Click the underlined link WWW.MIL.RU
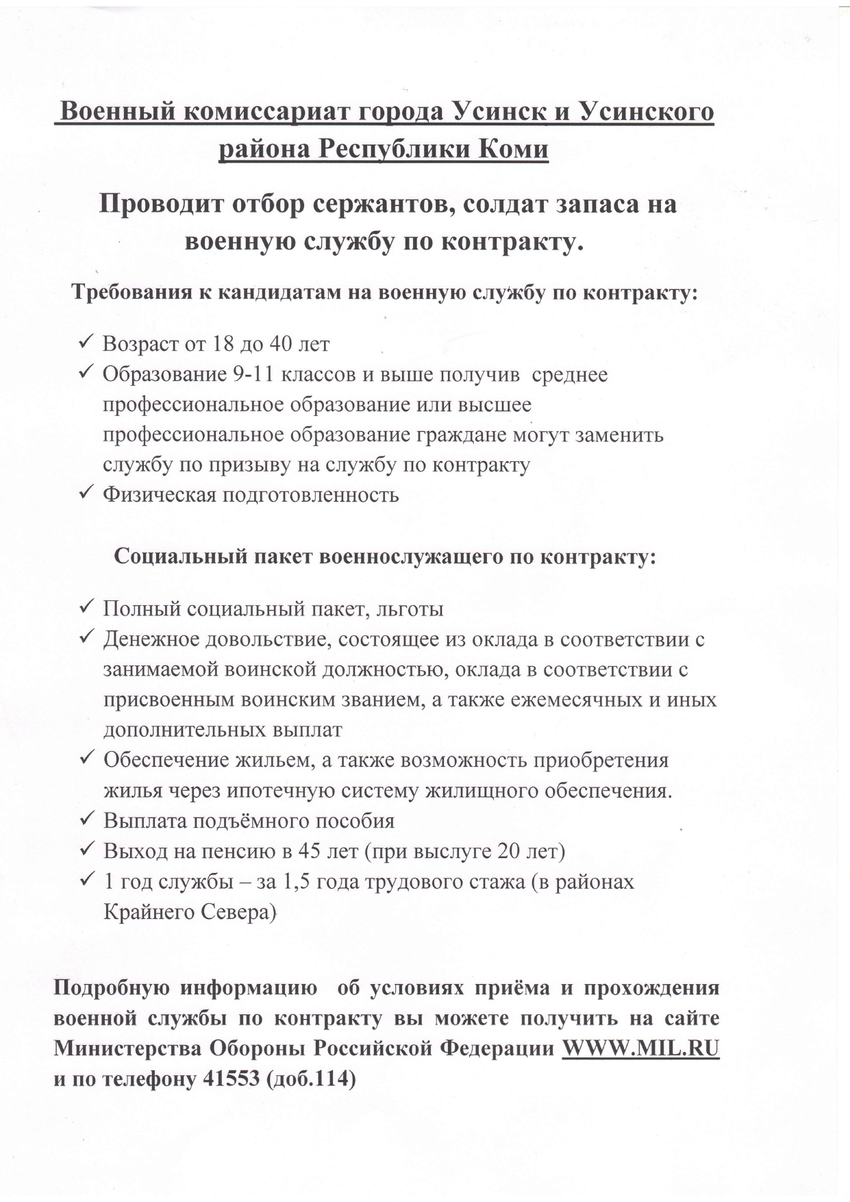[x=640, y=1050]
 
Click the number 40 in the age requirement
[x=284, y=343]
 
